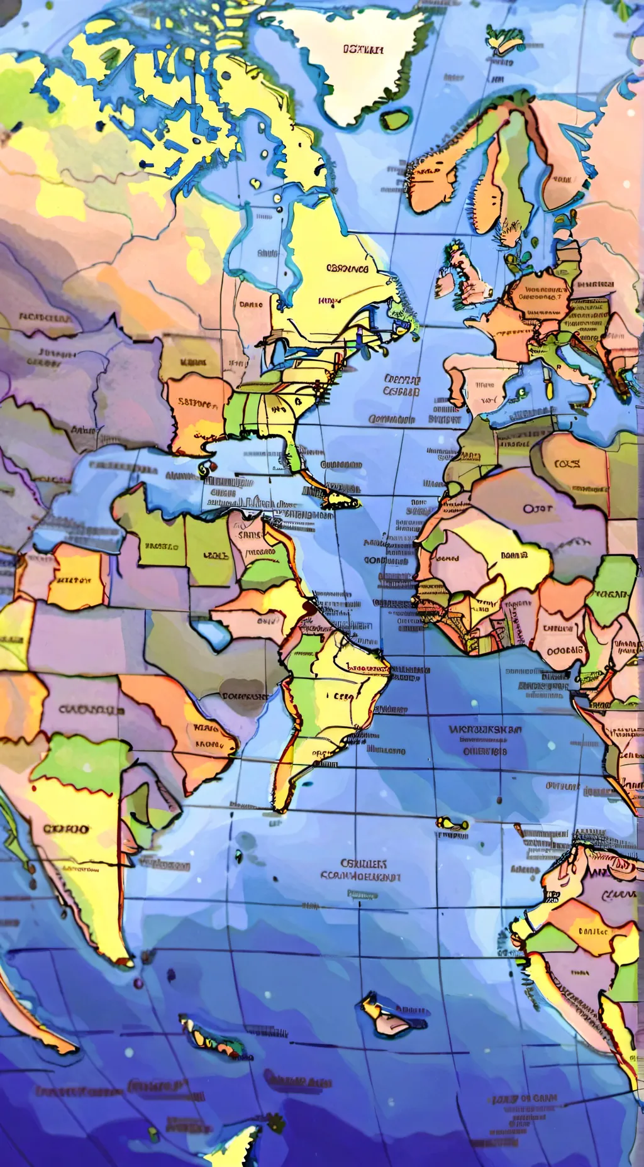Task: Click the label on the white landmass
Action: point(363,50)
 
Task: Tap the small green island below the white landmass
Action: point(395,119)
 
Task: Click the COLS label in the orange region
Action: point(567,464)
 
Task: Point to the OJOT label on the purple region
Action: point(538,508)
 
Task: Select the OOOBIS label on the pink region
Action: point(565,651)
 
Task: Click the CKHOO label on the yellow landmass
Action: point(66,829)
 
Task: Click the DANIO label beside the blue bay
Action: point(251,305)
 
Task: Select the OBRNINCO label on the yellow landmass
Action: point(347,269)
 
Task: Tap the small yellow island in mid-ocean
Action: point(452,822)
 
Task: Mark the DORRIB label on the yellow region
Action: point(513,556)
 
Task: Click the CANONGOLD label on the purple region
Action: point(91,710)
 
